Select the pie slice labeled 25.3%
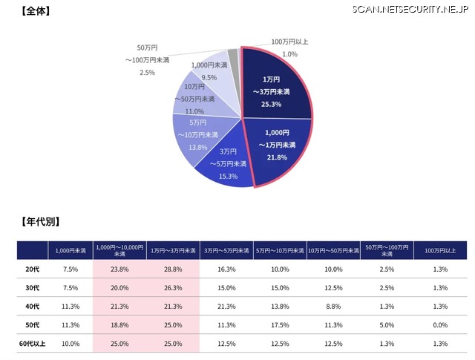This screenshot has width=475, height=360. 275,85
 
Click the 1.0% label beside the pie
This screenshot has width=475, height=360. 289,54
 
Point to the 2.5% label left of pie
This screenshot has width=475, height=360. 147,72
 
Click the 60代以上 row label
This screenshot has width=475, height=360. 32,344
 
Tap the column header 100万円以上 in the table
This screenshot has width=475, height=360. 439,251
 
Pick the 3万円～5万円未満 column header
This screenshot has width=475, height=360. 226,251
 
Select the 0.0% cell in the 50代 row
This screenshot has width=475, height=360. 439,325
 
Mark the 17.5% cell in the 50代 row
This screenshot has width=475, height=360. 280,325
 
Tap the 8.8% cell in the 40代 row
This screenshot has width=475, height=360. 333,307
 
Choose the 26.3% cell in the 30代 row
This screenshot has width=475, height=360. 172,288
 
